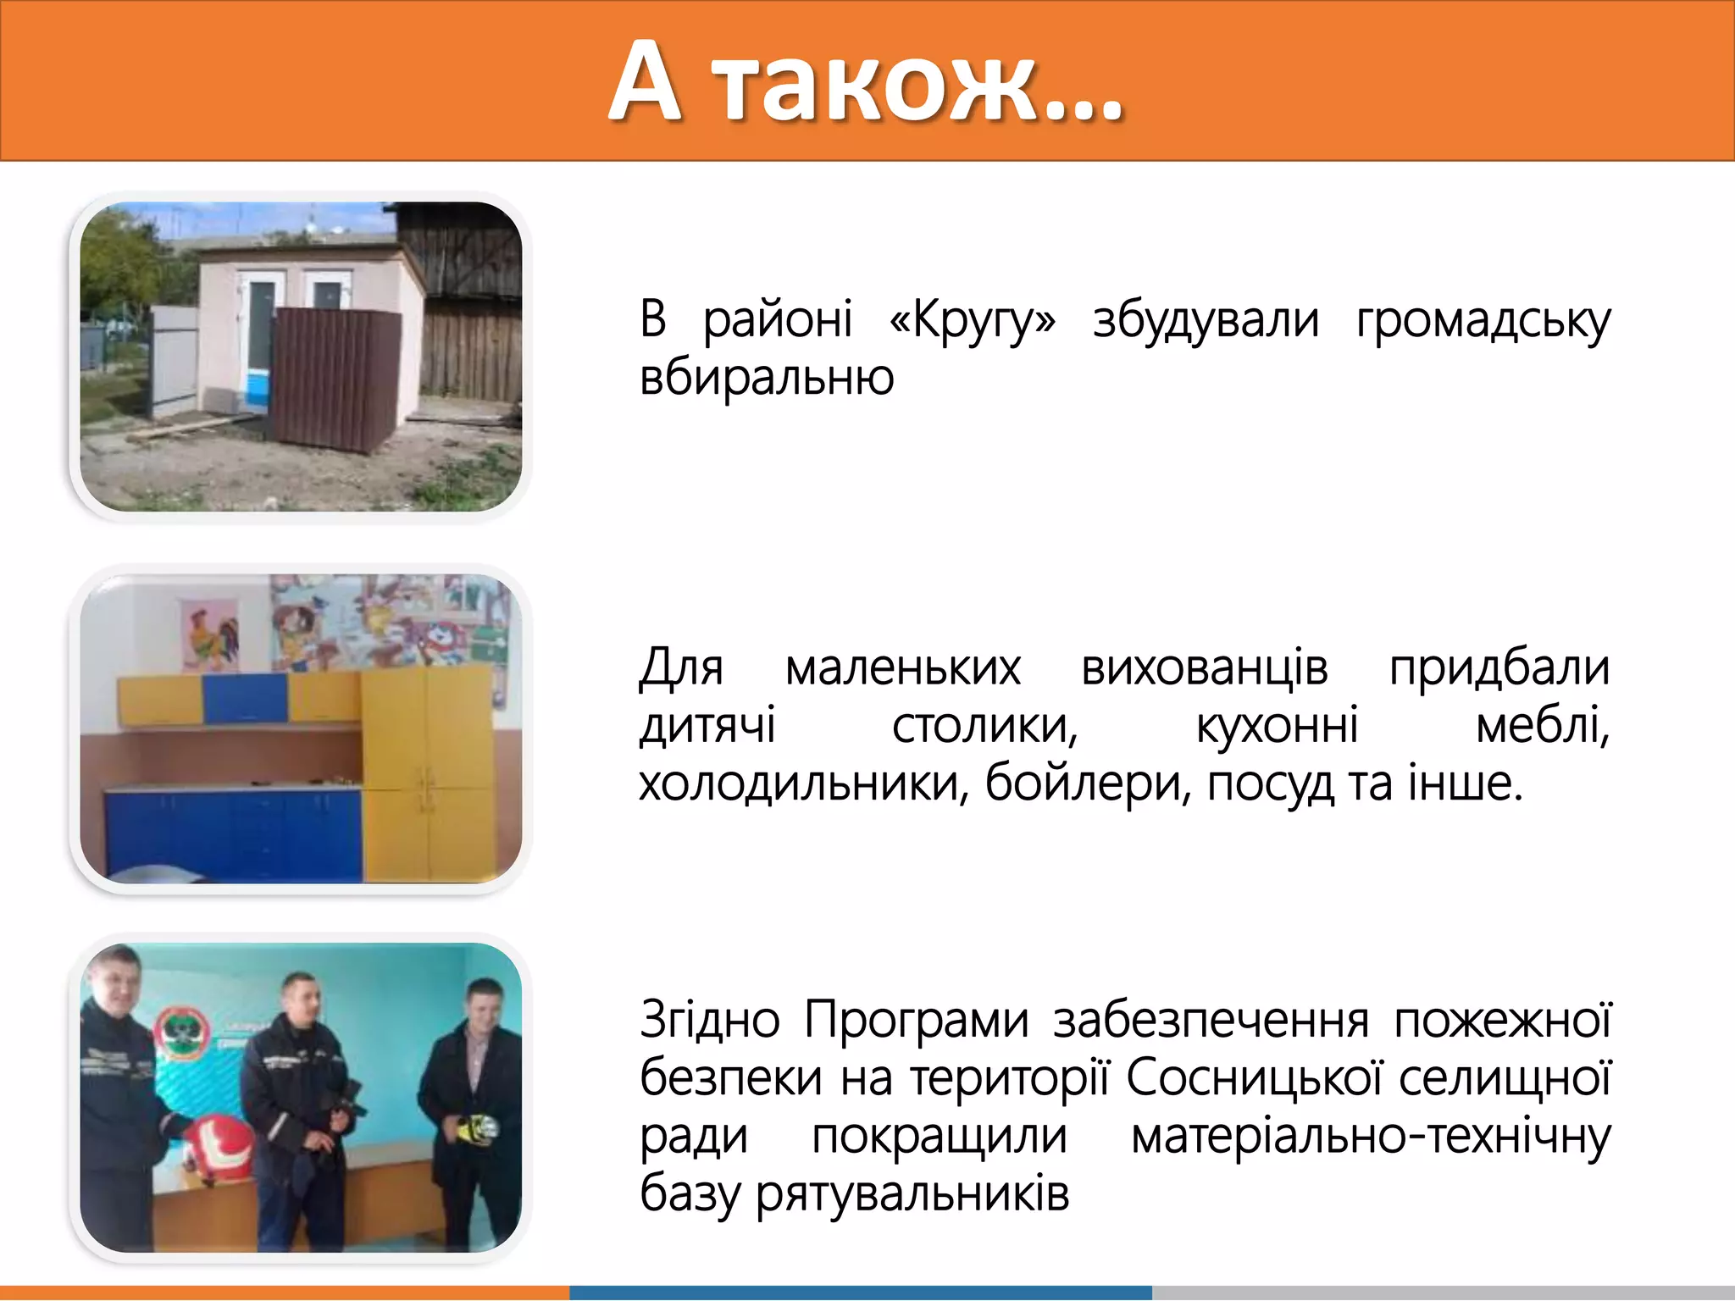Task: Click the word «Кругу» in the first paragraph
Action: coord(973,321)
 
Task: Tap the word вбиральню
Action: coord(767,378)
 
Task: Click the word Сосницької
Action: coord(1253,1078)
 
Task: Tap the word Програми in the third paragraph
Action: coord(916,1020)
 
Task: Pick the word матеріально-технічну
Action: coord(1370,1136)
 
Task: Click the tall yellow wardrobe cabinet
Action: coord(428,771)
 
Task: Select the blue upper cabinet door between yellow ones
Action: coord(245,700)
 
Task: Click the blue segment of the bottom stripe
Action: coord(860,1293)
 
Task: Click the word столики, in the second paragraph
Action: coord(984,726)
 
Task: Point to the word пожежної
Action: coord(1502,1020)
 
